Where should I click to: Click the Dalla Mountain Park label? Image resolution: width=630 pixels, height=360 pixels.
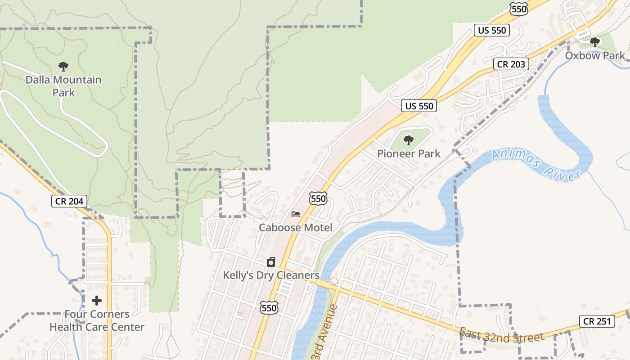click(63, 86)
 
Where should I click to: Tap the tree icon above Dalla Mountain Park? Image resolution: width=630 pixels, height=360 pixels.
click(63, 67)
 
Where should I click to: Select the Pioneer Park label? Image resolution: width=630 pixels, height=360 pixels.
click(409, 153)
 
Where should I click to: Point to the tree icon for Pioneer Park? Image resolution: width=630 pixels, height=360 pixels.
click(409, 140)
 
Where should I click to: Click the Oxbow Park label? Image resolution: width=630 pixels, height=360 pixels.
click(595, 55)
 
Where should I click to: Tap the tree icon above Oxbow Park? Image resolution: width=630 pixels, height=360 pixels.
click(595, 43)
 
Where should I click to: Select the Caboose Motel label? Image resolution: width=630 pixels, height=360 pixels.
click(295, 228)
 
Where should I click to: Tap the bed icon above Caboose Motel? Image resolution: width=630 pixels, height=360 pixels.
click(296, 214)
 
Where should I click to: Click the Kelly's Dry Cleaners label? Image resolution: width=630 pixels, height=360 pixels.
click(271, 275)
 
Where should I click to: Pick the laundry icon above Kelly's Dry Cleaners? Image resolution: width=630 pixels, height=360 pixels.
click(271, 262)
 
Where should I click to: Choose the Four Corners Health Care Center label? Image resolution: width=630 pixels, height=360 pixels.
click(97, 321)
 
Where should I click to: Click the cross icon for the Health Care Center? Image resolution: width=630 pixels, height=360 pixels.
click(97, 301)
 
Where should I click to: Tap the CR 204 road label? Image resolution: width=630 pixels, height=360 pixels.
click(69, 201)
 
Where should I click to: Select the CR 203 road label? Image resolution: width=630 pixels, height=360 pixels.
click(511, 64)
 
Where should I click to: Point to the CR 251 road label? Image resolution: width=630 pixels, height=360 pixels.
click(597, 321)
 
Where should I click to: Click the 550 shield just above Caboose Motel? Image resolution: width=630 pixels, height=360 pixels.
click(318, 198)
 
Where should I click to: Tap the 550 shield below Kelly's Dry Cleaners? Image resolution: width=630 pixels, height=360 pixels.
click(269, 308)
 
